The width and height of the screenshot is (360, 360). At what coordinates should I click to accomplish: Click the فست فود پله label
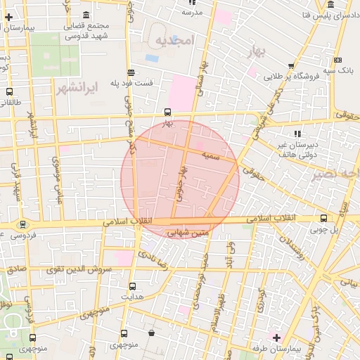point(131,84)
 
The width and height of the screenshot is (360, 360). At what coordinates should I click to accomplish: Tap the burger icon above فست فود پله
point(131,72)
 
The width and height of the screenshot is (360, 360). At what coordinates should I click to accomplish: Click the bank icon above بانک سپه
point(339,60)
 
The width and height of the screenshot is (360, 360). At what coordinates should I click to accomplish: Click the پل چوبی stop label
point(325,230)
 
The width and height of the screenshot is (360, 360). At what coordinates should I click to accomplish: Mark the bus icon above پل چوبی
point(323,219)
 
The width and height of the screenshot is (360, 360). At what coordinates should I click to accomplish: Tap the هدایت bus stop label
point(132,297)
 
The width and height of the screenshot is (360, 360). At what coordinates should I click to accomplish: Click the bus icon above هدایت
point(132,286)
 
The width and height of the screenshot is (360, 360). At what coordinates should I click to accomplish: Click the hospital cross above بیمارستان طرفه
point(276,338)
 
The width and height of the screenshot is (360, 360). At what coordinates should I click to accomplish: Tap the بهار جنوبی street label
point(182,181)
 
